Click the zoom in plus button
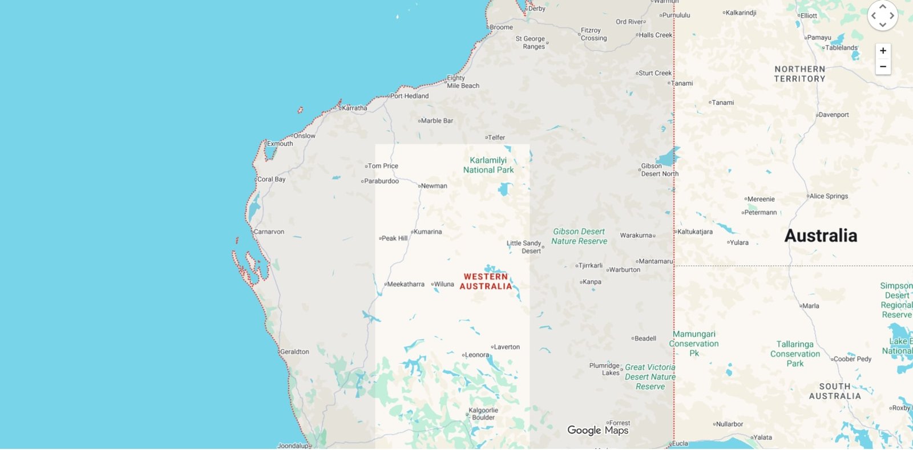[x=883, y=51]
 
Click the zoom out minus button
[x=883, y=67]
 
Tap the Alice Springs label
[x=829, y=196]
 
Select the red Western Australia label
[x=486, y=281]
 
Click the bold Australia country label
[x=821, y=236]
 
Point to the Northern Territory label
[x=799, y=74]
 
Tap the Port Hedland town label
[x=409, y=96]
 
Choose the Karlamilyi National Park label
[x=488, y=165]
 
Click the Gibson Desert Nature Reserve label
[x=579, y=236]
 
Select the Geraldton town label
[x=294, y=352]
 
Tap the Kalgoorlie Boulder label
[x=483, y=413]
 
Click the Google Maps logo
[x=597, y=430]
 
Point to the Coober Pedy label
[x=852, y=359]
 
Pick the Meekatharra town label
[x=405, y=284]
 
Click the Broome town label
[x=501, y=27]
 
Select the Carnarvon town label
[x=268, y=232]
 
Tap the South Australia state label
[x=834, y=391]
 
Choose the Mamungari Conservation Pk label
[x=694, y=343]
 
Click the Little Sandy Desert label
[x=524, y=247]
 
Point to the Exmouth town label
[x=280, y=144]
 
